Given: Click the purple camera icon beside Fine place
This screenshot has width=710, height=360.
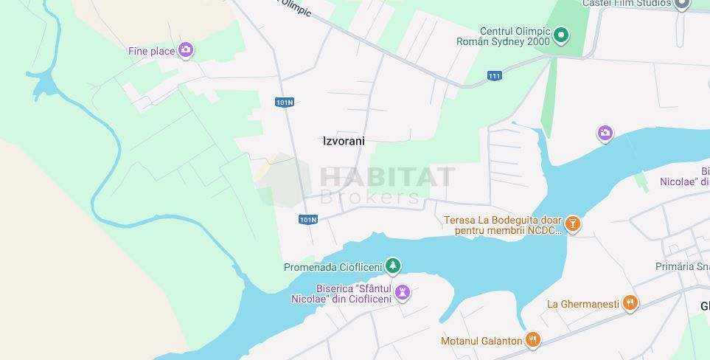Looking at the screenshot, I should click(x=186, y=50).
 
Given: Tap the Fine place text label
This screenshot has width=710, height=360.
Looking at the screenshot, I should click(x=151, y=51).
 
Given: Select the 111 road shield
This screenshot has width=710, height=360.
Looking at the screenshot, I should click(x=494, y=75).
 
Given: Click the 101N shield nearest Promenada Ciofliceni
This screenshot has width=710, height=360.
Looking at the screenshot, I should click(x=308, y=219).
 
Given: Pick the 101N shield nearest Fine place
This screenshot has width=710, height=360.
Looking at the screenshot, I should click(x=285, y=102).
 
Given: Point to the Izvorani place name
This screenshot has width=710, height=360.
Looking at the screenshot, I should click(x=344, y=141).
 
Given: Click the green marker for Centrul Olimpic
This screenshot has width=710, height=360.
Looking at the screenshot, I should click(x=561, y=35).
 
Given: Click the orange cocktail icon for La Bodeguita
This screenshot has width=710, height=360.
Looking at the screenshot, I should click(x=573, y=224).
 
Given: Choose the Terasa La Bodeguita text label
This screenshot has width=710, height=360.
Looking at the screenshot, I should click(x=502, y=225).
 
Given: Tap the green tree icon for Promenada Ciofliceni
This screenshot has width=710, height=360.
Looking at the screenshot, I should click(x=394, y=266).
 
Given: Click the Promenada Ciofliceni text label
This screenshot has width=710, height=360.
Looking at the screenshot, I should click(x=333, y=267).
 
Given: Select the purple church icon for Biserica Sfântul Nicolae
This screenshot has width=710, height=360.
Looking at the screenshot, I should click(x=403, y=293).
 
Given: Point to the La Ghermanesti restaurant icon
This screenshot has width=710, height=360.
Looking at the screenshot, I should click(x=630, y=303).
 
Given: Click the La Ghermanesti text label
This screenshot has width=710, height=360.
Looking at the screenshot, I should click(x=582, y=304).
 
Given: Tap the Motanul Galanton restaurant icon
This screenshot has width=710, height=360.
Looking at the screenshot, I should click(x=533, y=340).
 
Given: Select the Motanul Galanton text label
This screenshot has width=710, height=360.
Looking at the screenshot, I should click(x=481, y=341).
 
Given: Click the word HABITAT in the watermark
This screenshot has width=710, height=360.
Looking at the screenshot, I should click(x=387, y=177).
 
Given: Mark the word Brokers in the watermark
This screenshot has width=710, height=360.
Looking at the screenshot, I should click(x=370, y=196).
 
